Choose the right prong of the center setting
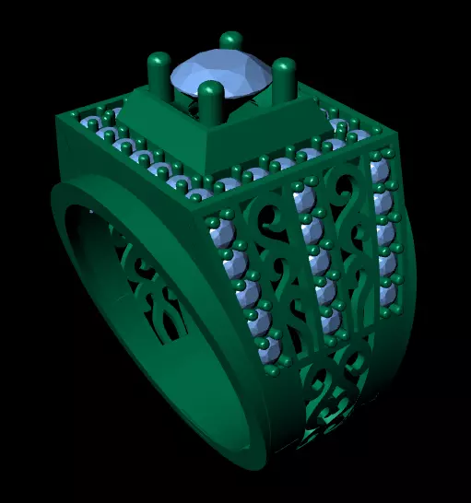pos(284,79)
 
